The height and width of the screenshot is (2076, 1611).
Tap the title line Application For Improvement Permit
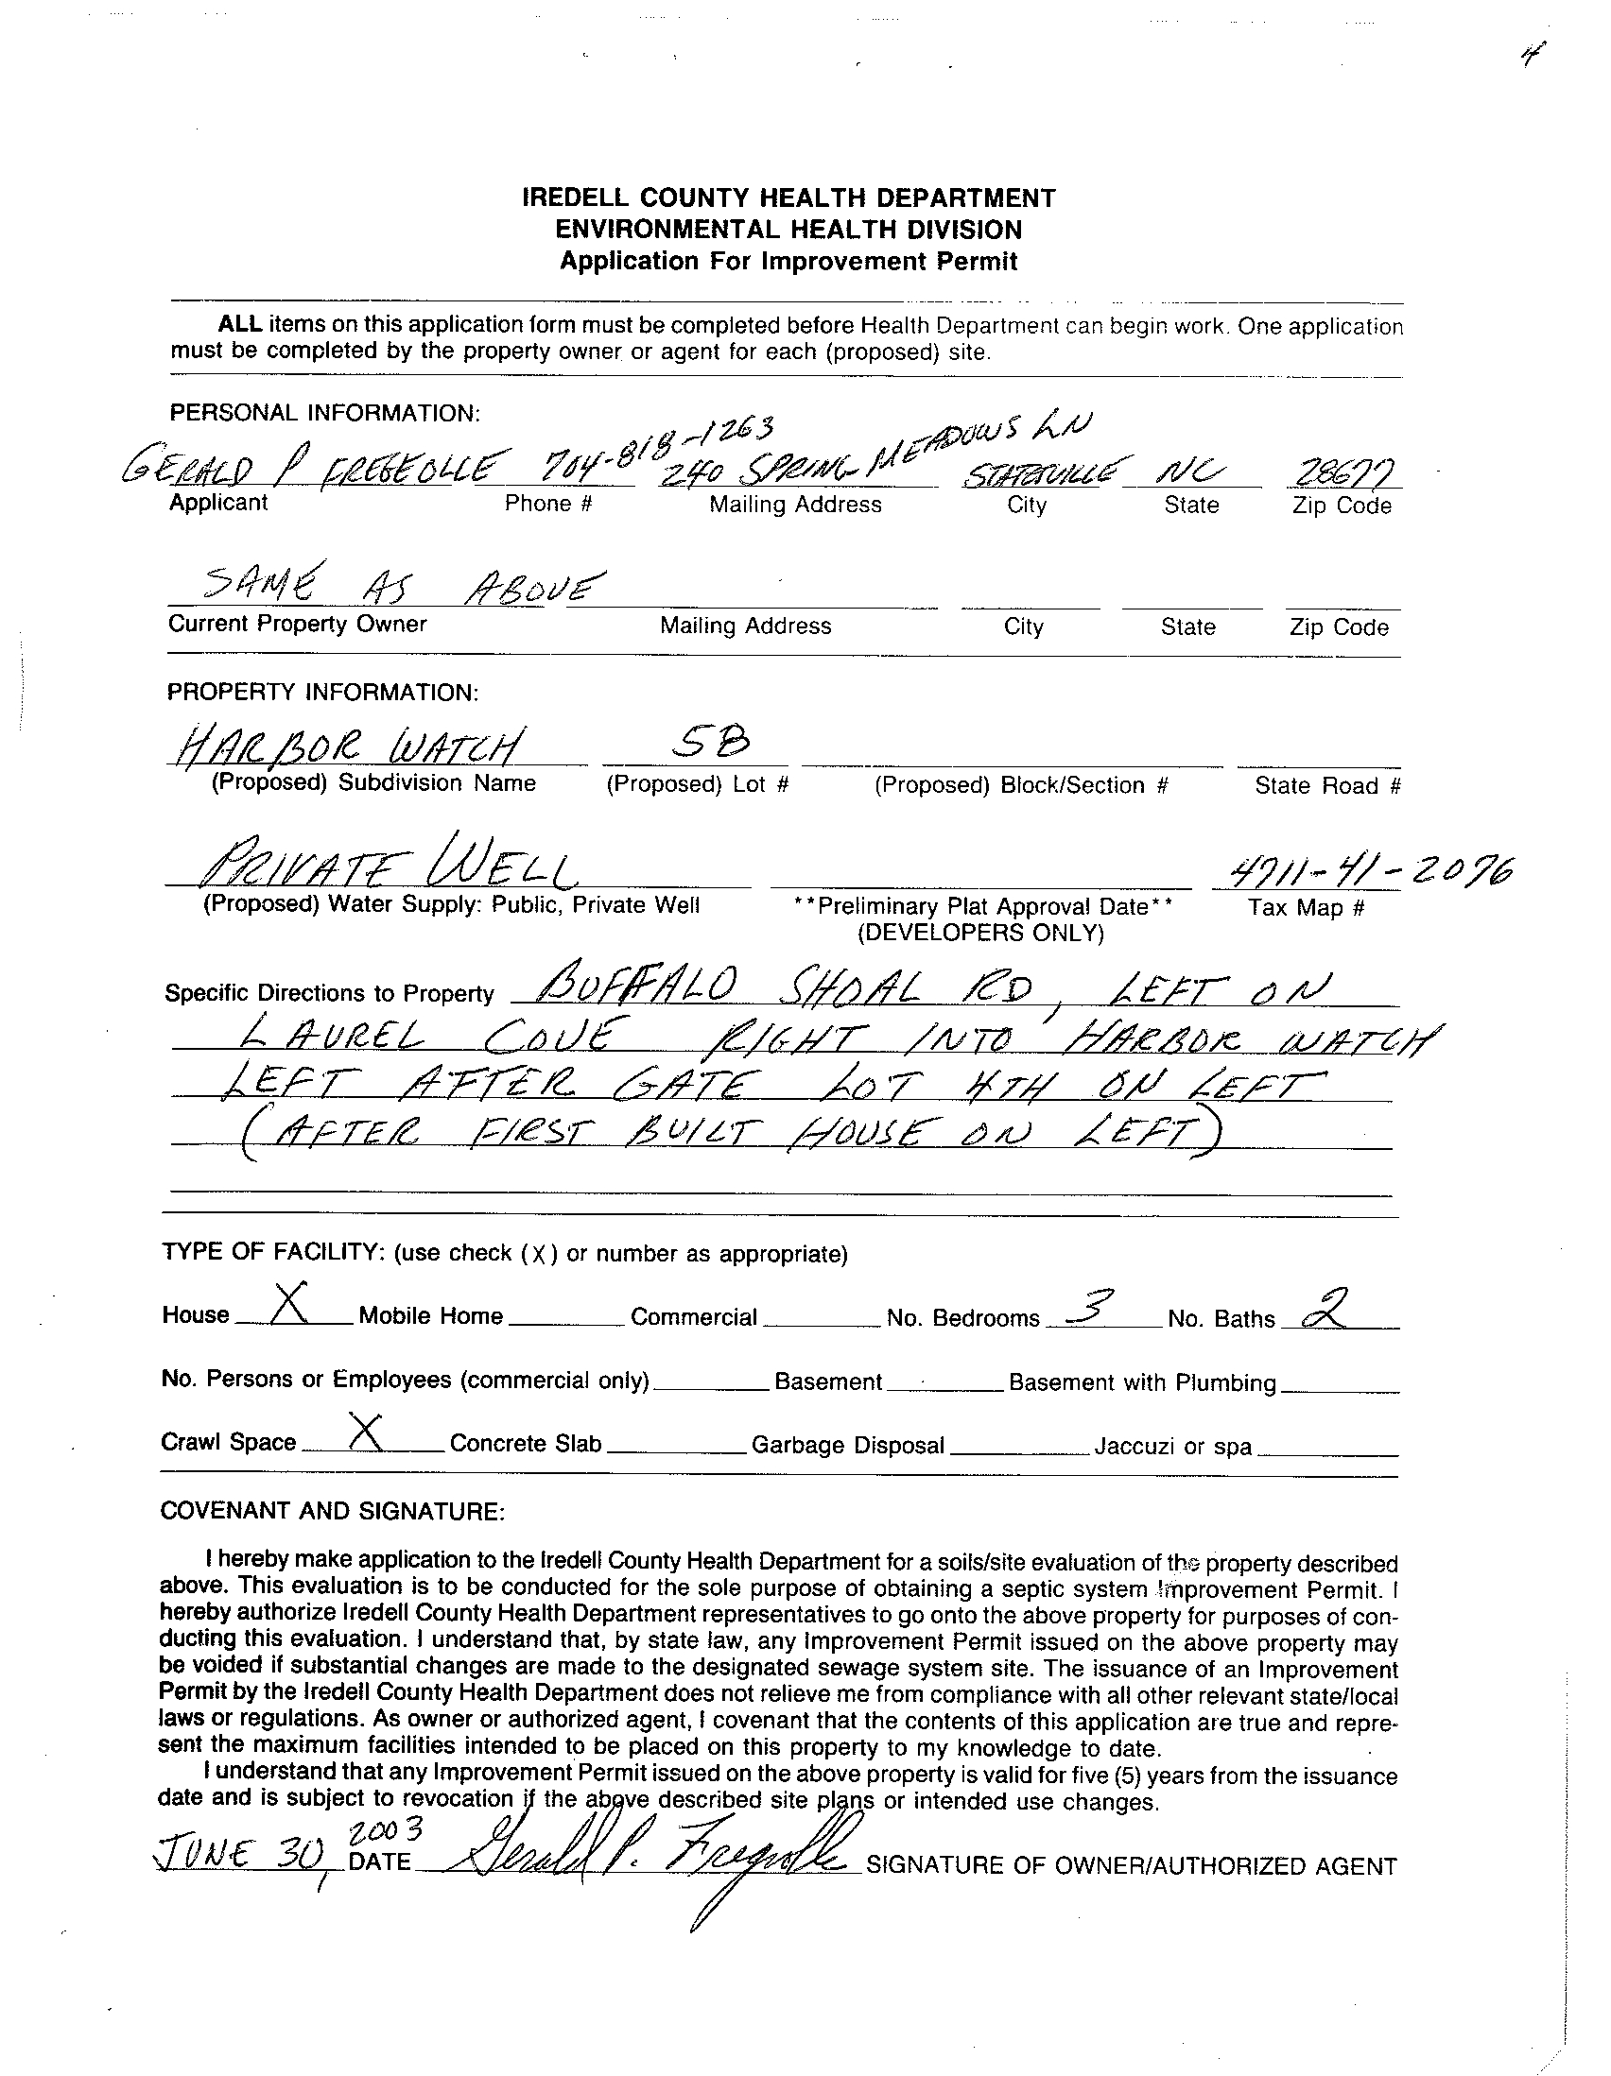(x=788, y=262)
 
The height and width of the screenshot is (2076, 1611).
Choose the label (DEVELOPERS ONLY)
(x=980, y=934)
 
